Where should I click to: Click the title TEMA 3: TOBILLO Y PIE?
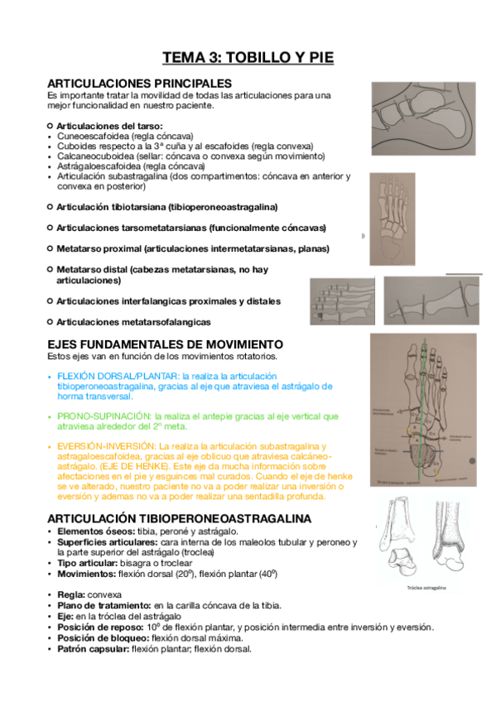[x=248, y=57]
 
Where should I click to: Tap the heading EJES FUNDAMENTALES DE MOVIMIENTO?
[x=166, y=344]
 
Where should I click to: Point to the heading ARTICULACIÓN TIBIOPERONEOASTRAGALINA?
[x=180, y=518]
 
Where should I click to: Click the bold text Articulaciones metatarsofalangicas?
[x=133, y=321]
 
